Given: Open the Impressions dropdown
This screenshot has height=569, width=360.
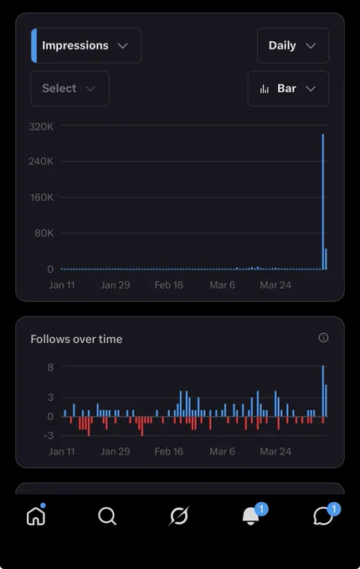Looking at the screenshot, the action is click(x=86, y=45).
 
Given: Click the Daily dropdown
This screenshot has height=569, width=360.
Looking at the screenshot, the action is click(x=293, y=45).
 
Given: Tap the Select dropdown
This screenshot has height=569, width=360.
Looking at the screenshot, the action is click(x=69, y=88).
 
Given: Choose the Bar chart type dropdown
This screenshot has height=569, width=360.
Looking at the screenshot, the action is click(x=288, y=88).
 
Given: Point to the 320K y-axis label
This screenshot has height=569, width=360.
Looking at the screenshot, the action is click(x=41, y=126).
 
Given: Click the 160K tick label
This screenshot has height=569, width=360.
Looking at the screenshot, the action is click(x=41, y=197).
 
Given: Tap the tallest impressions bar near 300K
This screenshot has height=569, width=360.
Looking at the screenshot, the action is click(x=323, y=202).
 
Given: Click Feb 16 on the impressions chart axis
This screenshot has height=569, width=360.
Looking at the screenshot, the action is click(x=169, y=285).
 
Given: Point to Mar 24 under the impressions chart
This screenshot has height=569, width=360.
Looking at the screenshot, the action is click(x=275, y=285).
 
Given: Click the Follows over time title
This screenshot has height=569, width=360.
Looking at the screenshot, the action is click(x=76, y=339).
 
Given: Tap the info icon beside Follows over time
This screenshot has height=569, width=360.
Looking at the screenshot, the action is click(x=323, y=338).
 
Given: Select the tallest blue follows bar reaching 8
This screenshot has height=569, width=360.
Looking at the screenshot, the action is click(x=323, y=391).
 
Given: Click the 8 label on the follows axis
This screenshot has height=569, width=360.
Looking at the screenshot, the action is click(x=50, y=367).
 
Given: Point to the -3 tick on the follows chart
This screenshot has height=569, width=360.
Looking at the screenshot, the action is click(x=49, y=435).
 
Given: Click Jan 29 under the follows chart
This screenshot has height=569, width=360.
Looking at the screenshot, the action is click(x=116, y=451).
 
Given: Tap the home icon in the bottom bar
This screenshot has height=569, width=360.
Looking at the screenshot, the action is click(x=36, y=515).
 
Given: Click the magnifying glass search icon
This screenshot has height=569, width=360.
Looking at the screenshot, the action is click(x=107, y=515).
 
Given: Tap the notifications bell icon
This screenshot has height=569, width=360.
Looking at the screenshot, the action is click(x=251, y=515).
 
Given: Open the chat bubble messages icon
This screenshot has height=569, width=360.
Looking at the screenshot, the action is click(x=323, y=516).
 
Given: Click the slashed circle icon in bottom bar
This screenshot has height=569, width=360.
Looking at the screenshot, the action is click(x=179, y=515).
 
